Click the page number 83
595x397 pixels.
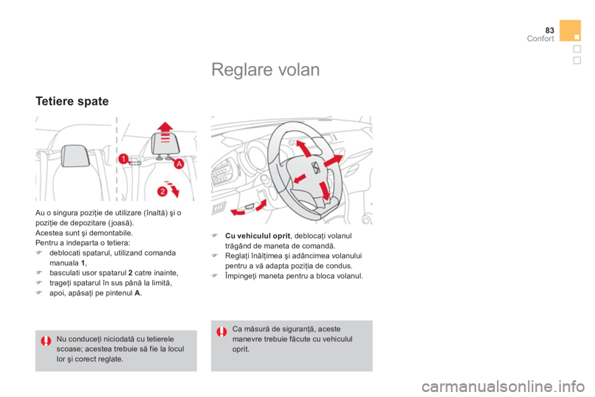click(550, 30)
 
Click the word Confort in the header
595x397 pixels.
click(540, 38)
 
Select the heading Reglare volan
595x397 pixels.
click(266, 70)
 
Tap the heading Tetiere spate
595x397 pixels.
click(72, 102)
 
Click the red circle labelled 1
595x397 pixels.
click(123, 158)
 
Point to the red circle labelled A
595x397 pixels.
click(178, 164)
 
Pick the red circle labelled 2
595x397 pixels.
click(162, 191)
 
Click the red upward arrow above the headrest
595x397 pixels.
click(165, 132)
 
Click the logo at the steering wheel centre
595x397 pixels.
click(315, 167)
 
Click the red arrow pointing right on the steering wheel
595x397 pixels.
click(333, 160)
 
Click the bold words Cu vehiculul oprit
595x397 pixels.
click(258, 236)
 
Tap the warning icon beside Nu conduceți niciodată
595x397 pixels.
click(46, 341)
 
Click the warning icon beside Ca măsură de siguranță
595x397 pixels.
click(222, 332)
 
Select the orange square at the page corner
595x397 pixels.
click(570, 30)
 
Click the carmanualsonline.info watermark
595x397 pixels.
click(503, 386)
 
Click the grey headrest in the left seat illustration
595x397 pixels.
click(76, 156)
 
